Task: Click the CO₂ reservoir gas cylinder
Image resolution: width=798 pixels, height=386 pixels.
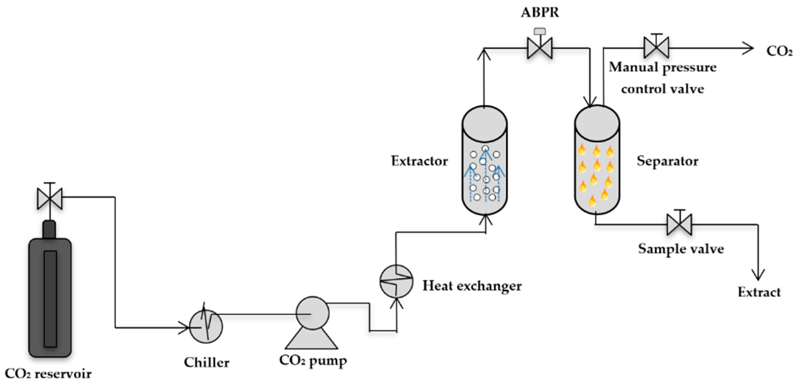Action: point(50,297)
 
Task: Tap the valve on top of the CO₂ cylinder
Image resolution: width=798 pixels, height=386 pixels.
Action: point(50,198)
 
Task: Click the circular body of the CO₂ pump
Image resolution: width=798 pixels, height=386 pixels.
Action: point(312,313)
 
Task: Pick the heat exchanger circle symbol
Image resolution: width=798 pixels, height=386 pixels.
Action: point(396,281)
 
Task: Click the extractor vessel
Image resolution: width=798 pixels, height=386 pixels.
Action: point(484,161)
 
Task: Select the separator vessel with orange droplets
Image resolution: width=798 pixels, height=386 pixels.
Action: point(597,161)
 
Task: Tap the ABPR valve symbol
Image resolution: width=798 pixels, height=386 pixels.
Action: point(540,48)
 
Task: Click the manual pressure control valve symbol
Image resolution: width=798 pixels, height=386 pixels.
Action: point(656,47)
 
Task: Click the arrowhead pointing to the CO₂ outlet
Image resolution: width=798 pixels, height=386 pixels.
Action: point(748,48)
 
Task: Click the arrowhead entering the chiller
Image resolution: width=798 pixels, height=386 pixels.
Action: point(185,327)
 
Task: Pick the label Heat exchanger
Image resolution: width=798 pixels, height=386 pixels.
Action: point(472,286)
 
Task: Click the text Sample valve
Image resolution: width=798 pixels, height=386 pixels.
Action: point(681,249)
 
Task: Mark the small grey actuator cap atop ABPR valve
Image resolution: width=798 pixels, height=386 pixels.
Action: point(540,31)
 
